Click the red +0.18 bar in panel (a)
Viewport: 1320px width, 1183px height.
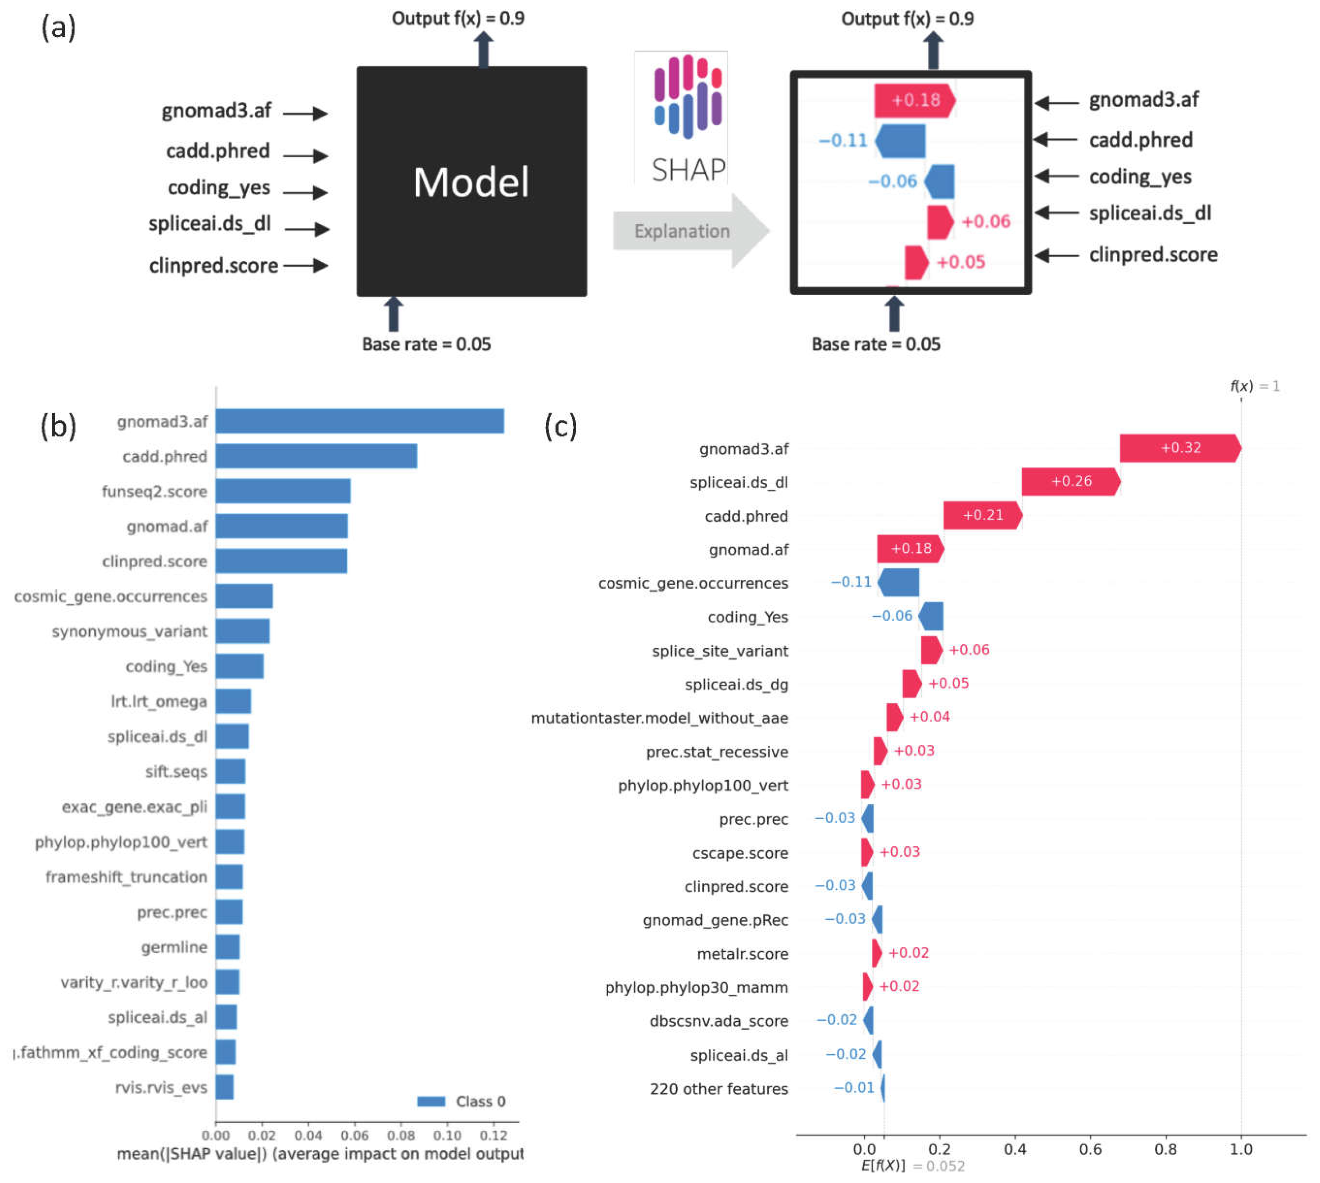(x=913, y=100)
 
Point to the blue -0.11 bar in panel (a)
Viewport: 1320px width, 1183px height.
(x=900, y=140)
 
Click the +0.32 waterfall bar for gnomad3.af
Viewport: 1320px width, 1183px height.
(x=1179, y=447)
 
